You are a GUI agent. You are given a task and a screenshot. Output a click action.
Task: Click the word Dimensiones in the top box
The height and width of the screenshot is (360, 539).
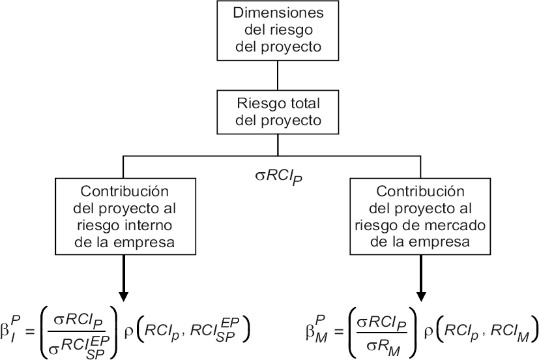(278, 12)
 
